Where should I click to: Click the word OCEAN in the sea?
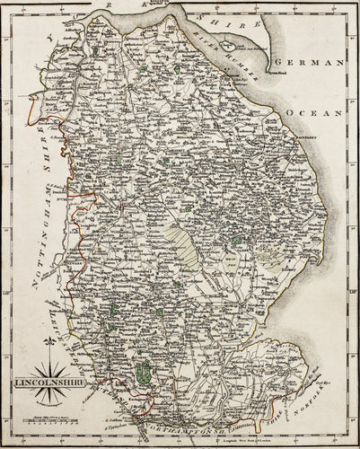[x=320, y=114]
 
